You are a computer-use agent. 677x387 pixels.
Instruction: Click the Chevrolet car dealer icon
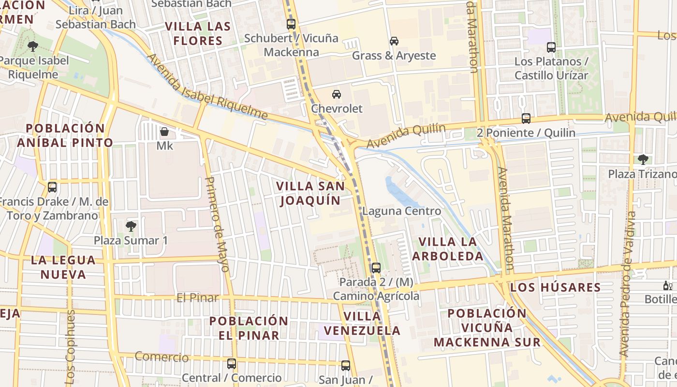coord(336,94)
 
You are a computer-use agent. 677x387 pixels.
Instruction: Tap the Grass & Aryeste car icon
coord(394,41)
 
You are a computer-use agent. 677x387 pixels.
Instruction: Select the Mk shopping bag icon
coord(164,132)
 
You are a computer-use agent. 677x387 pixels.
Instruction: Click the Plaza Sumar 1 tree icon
coord(131,226)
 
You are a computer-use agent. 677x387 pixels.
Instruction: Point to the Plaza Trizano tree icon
coord(643,159)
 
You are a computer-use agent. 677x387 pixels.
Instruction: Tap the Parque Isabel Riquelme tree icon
coord(33,46)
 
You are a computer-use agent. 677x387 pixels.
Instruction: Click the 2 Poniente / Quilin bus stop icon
coord(526,119)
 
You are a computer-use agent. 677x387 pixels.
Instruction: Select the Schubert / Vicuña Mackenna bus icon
coord(291,24)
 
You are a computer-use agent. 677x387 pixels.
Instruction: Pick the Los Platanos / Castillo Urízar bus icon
coord(551,47)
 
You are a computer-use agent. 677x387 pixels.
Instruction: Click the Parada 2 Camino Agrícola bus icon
coord(376,268)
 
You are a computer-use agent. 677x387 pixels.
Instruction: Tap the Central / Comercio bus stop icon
coord(232,363)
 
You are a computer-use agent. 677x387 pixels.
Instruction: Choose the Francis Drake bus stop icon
coord(52,187)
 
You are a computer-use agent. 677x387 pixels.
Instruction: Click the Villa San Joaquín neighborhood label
coord(310,193)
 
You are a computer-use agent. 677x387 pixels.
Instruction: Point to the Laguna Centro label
coord(401,211)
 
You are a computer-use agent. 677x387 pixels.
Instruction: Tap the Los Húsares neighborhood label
coord(556,287)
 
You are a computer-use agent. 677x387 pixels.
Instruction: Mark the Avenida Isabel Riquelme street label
coord(206,87)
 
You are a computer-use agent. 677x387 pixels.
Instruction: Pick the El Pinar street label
coord(197,298)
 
